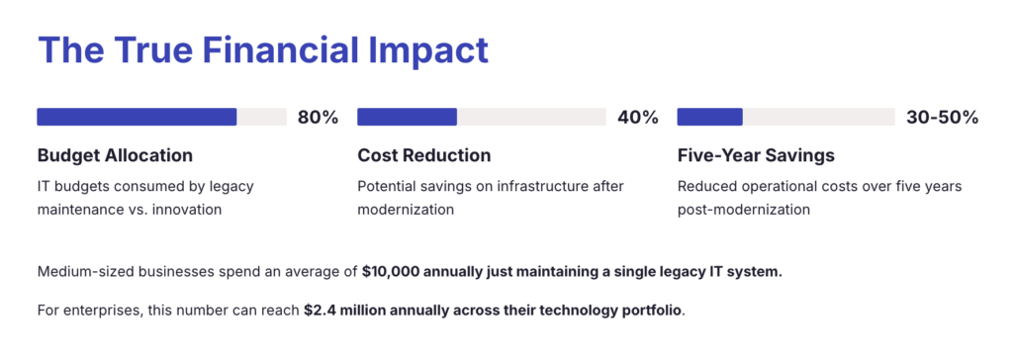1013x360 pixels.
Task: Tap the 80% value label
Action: coord(318,118)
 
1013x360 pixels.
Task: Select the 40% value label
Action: coord(638,118)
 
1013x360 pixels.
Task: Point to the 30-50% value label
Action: coord(942,118)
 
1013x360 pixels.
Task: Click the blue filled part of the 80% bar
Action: coord(137,117)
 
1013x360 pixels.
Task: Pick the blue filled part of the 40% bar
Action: coord(407,117)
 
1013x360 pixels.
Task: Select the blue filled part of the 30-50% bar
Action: coord(709,117)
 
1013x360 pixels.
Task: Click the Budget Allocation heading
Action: coord(115,155)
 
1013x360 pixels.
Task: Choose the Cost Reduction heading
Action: coord(423,155)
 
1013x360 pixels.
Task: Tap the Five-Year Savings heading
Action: coord(756,155)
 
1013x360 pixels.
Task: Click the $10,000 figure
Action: coord(395,272)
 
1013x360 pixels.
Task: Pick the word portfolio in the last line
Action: coord(649,310)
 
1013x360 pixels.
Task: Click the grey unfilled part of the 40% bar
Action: coord(531,117)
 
